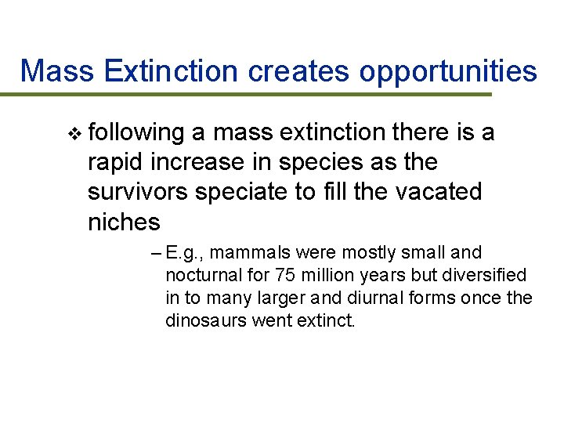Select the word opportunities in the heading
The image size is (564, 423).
448,71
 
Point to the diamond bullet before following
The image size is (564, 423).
74,134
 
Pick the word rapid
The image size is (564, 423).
114,163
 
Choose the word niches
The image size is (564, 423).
124,222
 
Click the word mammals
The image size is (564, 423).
248,253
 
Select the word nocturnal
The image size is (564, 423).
201,276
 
